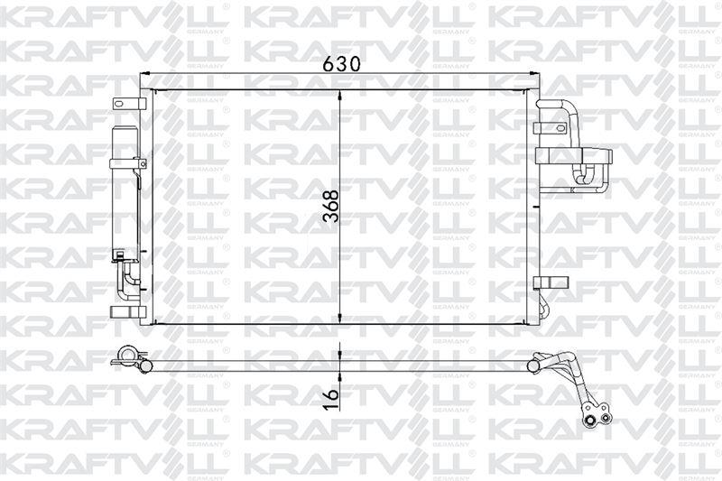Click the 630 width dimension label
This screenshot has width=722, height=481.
pyautogui.click(x=341, y=64)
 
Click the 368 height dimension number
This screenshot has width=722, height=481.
pyautogui.click(x=331, y=207)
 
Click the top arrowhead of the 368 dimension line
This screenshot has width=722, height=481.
pyautogui.click(x=340, y=96)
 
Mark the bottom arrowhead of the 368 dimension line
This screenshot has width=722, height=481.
pyautogui.click(x=340, y=318)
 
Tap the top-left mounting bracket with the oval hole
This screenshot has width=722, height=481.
pyautogui.click(x=129, y=104)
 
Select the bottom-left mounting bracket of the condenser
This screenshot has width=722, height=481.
pyautogui.click(x=128, y=311)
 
